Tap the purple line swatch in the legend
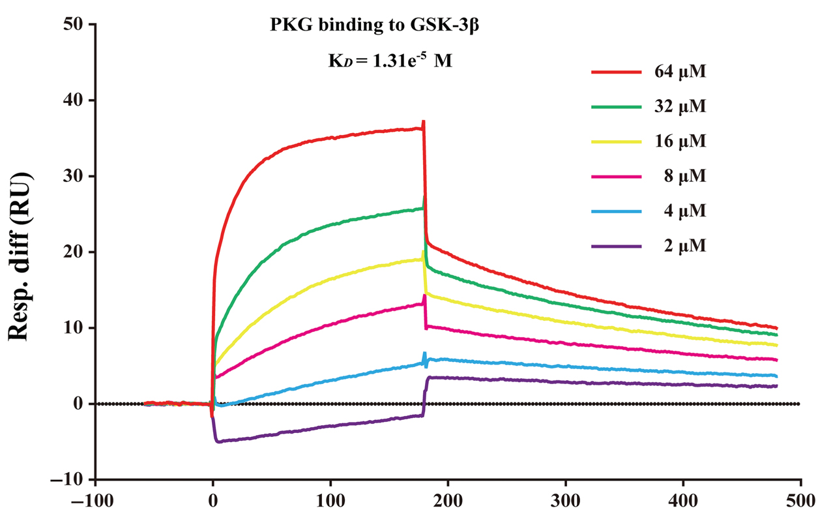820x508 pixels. point(616,246)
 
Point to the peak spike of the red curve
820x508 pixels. point(424,121)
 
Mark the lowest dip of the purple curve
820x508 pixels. point(218,442)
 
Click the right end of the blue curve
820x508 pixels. point(776,376)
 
